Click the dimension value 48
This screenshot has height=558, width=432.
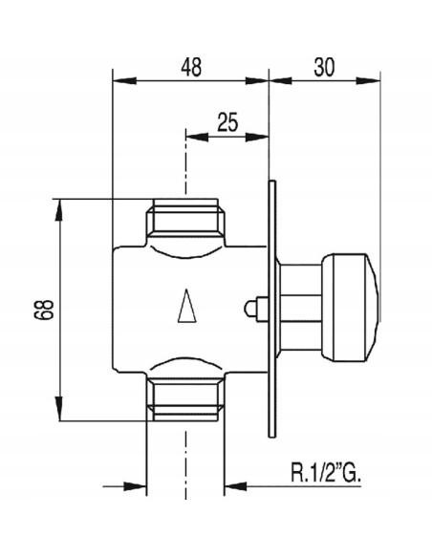[x=191, y=67]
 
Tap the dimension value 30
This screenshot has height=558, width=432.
[x=324, y=67]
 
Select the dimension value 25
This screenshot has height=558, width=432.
[x=227, y=121]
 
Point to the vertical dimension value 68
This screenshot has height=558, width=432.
[x=44, y=310]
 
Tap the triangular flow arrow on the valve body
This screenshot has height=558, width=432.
[x=186, y=306]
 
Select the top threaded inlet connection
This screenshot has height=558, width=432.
[x=185, y=222]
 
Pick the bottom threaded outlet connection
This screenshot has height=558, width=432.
[x=185, y=397]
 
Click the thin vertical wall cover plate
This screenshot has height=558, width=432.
[x=271, y=309]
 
